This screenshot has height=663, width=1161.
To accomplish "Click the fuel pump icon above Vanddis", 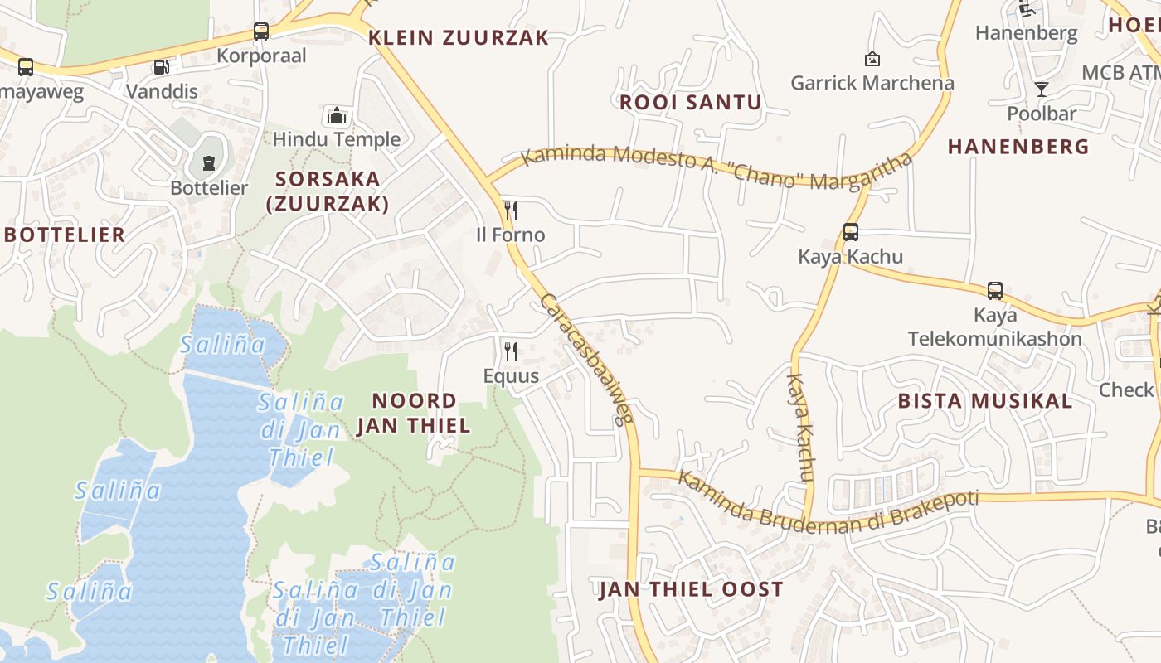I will coord(161,67).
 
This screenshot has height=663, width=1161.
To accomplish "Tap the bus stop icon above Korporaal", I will coord(261,31).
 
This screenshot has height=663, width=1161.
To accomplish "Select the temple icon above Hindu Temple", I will coord(336,115).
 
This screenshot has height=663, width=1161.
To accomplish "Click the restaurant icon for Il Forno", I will coord(511,211).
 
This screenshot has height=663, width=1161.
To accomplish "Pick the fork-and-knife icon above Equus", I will coord(511,351).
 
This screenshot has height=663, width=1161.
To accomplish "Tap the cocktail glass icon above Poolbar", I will coord(1042,89).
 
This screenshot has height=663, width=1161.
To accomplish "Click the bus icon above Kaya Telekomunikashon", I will coord(995,291).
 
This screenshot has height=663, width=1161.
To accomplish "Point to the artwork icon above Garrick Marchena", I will coord(872,59).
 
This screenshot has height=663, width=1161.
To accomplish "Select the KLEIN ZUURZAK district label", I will coord(459,37).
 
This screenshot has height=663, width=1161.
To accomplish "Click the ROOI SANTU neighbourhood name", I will coord(691,103).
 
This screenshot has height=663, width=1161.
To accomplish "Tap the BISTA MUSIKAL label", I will coord(985,401).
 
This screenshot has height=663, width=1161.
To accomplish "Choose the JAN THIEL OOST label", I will coord(691,589).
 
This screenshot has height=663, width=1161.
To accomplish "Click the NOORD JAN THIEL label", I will coord(414,413).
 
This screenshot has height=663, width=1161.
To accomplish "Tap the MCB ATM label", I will coord(1120,72).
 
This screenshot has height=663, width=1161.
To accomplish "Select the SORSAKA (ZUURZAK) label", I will coord(328,191).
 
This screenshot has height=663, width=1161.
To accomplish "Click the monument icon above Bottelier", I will coord(209,162).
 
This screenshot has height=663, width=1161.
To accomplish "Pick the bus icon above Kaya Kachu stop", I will coord(850,232).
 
